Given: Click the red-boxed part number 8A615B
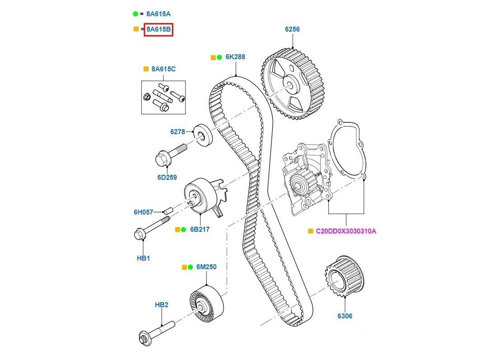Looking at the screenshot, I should tap(158, 30).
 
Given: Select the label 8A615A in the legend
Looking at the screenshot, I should tap(158, 14).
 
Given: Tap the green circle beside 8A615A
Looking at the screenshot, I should tap(135, 14).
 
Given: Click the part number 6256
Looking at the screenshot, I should tap(292, 29).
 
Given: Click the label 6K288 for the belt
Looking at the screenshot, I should tap(235, 57).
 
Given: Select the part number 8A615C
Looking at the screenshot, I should tap(163, 69).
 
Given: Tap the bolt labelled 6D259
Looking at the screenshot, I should tap(170, 154).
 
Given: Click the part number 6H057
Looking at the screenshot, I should tap(143, 211).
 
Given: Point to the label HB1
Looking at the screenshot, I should tap(143, 258).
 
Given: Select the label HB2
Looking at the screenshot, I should tap(161, 305).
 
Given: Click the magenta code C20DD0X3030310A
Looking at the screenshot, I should tap(346, 231).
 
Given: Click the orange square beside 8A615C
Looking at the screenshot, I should tap(145, 69).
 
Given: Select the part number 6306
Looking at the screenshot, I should tap(345, 316).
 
